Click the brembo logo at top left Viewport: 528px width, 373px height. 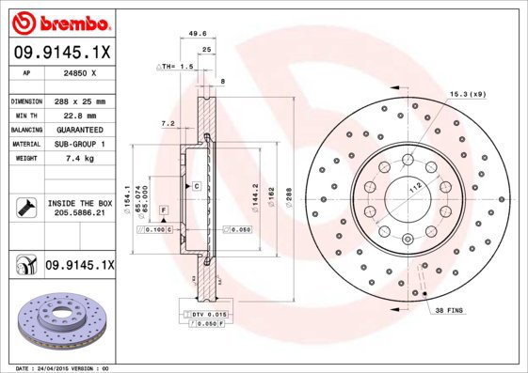[59, 22]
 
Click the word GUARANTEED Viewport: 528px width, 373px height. [78, 130]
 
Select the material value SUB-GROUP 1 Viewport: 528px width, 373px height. [78, 145]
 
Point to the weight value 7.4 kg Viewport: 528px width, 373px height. [77, 160]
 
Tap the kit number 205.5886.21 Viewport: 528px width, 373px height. [79, 214]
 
